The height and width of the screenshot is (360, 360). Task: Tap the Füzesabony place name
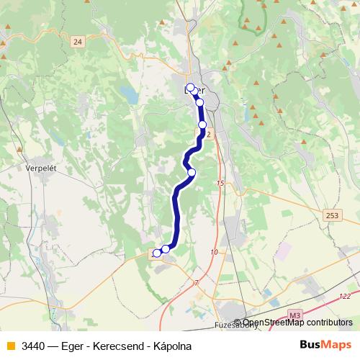click(x=235, y=325)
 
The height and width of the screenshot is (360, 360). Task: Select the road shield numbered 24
click(x=78, y=42)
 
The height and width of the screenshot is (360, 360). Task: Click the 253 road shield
click(x=332, y=215)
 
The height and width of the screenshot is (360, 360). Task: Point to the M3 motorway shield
click(x=293, y=315)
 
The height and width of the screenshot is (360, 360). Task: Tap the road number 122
click(x=346, y=296)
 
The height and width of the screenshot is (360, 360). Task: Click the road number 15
click(x=220, y=184)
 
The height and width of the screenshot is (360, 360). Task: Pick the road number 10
click(x=214, y=252)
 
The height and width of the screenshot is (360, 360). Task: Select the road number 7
click(x=195, y=283)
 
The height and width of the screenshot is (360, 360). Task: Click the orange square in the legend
click(x=10, y=346)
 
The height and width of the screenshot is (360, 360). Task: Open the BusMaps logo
click(x=324, y=346)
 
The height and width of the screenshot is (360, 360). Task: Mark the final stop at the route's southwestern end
click(x=156, y=253)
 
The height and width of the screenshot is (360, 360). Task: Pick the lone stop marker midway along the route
click(x=192, y=172)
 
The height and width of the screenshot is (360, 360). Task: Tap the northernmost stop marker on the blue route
click(x=190, y=88)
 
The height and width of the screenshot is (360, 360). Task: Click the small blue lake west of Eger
click(x=129, y=94)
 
